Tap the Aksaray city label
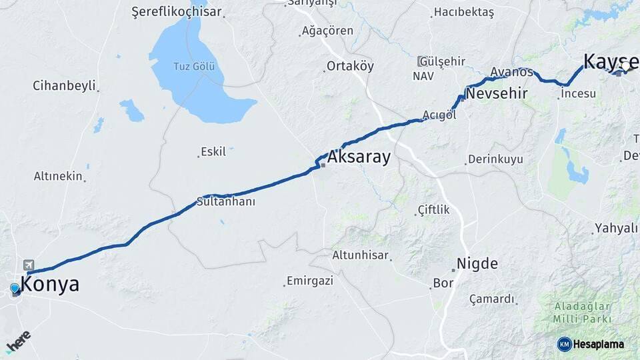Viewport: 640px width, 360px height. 359,159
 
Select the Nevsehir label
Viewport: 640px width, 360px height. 496,93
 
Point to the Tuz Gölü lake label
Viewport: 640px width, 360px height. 194,67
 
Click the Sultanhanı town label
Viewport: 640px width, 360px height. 226,201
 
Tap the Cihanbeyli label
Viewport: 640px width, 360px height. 64,86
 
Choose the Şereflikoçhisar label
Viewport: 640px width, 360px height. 176,12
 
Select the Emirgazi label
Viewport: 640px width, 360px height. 309,281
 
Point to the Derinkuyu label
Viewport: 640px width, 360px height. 495,159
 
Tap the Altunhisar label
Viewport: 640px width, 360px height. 361,255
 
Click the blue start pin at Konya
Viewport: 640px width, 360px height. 15,289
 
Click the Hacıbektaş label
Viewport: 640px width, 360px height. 463,12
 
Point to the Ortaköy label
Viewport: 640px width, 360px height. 350,66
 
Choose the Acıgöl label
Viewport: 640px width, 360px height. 439,115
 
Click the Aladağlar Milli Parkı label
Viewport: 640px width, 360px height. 582,313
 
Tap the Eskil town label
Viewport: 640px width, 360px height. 213,151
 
